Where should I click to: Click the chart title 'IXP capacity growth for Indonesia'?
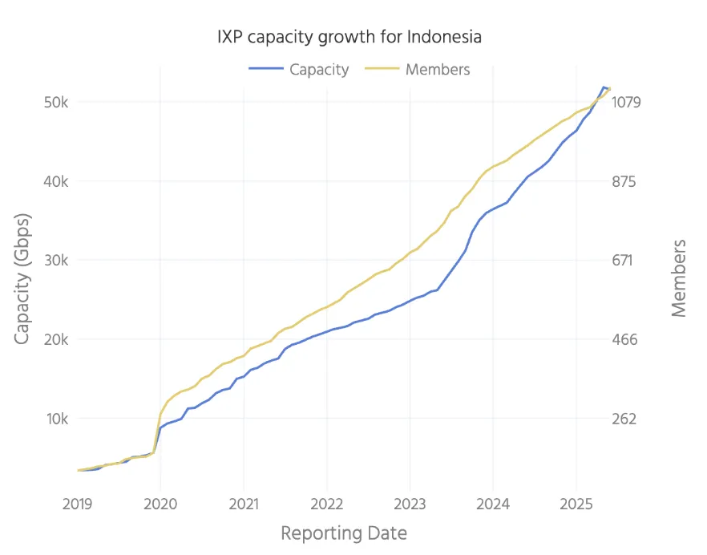click(x=349, y=37)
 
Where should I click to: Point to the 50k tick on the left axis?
click(x=56, y=103)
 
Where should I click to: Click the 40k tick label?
click(x=56, y=181)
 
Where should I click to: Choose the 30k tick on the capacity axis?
click(x=56, y=261)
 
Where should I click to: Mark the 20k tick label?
click(x=56, y=339)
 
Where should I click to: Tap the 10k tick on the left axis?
click(x=56, y=419)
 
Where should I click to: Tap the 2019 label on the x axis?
click(x=78, y=504)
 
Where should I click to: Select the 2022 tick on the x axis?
click(x=327, y=504)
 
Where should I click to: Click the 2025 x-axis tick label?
click(x=576, y=504)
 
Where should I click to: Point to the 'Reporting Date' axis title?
click(x=344, y=533)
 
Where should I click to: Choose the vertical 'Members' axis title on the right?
click(x=679, y=277)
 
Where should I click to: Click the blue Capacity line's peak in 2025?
click(x=604, y=87)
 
